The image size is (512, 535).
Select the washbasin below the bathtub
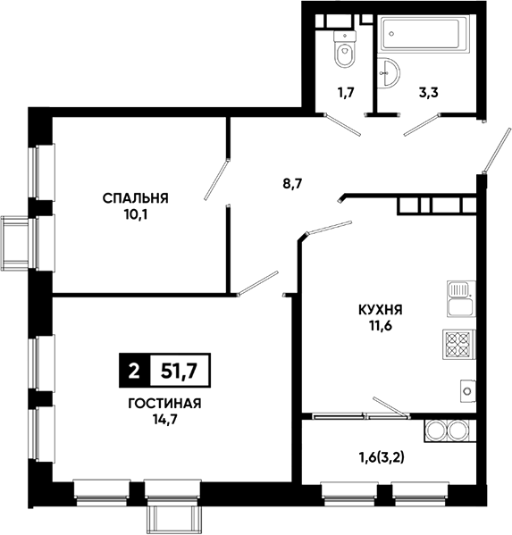pos(389,72)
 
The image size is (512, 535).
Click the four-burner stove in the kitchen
pos(458,344)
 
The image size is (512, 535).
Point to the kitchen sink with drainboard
pos(461,299)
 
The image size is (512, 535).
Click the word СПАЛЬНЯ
pos(136,198)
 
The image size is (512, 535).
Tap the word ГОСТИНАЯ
pos(164,404)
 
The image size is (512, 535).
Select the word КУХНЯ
pos(381,310)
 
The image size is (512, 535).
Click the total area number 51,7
pos(180,371)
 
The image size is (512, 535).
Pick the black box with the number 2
pos(135,371)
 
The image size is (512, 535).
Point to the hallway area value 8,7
pos(292,184)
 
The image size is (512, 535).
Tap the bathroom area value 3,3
pos(428,92)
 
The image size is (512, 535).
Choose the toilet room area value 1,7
pos(346,92)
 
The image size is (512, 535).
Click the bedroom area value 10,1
pos(136,215)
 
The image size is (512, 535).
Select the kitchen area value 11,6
pos(380,326)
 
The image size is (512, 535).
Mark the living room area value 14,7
pos(164,420)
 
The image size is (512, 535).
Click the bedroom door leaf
pos(216,179)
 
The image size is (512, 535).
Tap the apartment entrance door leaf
pos(497,150)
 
